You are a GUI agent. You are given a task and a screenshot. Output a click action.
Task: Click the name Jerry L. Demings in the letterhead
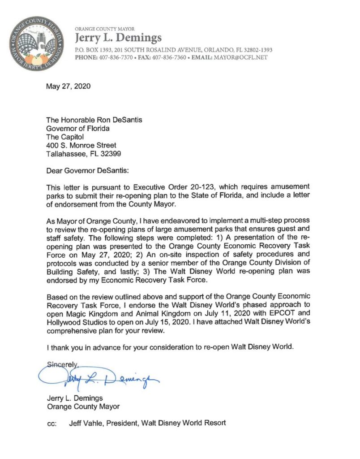(118, 38)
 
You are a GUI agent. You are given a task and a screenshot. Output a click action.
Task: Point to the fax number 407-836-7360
(170, 58)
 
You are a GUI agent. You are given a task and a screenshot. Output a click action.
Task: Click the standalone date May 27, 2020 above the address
(68, 87)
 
